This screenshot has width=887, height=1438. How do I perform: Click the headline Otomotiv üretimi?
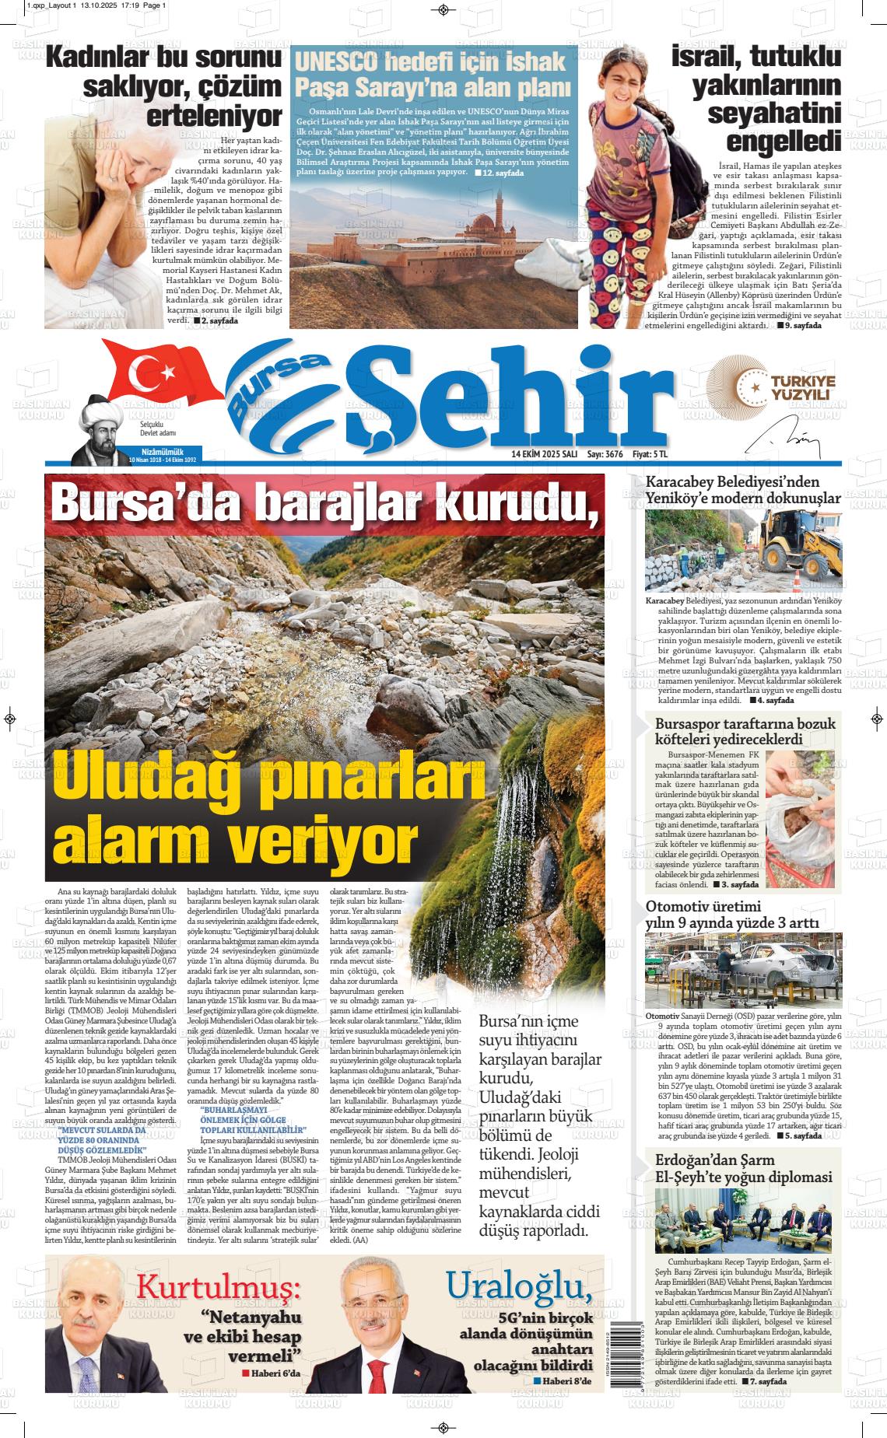pos(703,906)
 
